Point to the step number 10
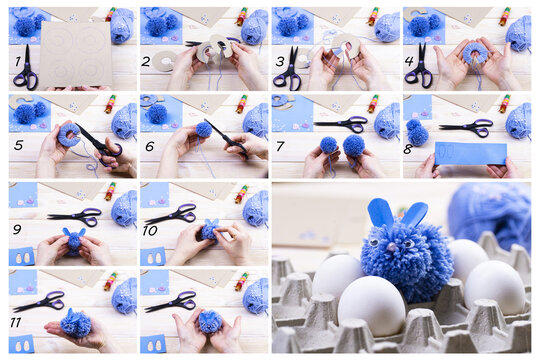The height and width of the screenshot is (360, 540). tap(150, 232)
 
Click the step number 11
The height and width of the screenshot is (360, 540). tap(17, 323)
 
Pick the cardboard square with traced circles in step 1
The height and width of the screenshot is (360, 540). tap(74, 53)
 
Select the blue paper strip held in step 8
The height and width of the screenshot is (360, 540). tap(470, 153)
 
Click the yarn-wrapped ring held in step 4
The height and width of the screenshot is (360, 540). tap(474, 52)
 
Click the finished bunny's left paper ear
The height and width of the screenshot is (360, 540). tap(382, 213)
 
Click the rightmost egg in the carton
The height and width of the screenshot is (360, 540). tap(494, 285)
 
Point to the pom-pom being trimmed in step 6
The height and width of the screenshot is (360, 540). tap(203, 130)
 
